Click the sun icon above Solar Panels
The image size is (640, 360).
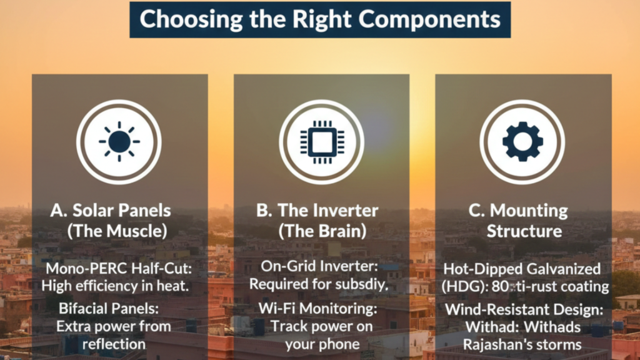tap(119, 142)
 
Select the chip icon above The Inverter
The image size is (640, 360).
tap(321, 142)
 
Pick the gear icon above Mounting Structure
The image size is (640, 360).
tap(522, 142)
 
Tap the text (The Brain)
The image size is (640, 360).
tap(321, 231)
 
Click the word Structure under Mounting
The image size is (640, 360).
tap(524, 231)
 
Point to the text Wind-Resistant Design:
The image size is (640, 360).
tap(523, 311)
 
